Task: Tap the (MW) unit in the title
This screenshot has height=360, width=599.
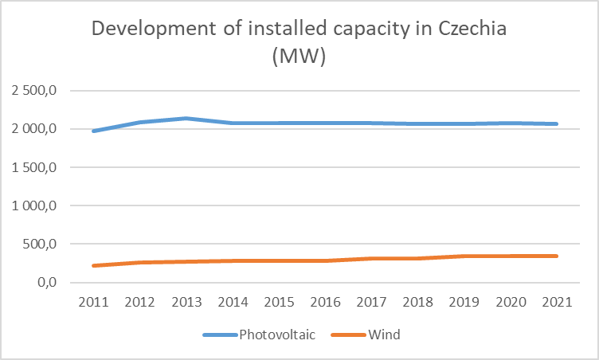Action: pos(299,58)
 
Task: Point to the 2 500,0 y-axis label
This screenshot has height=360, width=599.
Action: pos(33,91)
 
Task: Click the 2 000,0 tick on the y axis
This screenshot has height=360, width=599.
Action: pos(33,129)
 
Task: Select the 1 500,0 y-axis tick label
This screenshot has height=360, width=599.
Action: pos(33,167)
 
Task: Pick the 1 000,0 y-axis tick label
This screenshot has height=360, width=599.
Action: pos(33,205)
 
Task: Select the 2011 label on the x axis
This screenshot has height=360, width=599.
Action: pos(94,302)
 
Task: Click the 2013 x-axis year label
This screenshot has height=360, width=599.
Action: pos(186,302)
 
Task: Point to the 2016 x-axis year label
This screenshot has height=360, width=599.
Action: pos(325,302)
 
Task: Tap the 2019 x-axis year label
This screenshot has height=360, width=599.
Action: pos(464,302)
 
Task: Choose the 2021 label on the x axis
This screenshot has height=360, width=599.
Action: pos(556,302)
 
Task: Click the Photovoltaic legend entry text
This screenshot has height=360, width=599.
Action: pos(277,335)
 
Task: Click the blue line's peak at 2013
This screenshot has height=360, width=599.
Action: pos(186,119)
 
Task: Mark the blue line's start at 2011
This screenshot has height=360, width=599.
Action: pos(94,131)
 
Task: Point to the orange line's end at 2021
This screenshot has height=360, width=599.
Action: pos(556,256)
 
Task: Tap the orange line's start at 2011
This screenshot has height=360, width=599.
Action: pos(94,265)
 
